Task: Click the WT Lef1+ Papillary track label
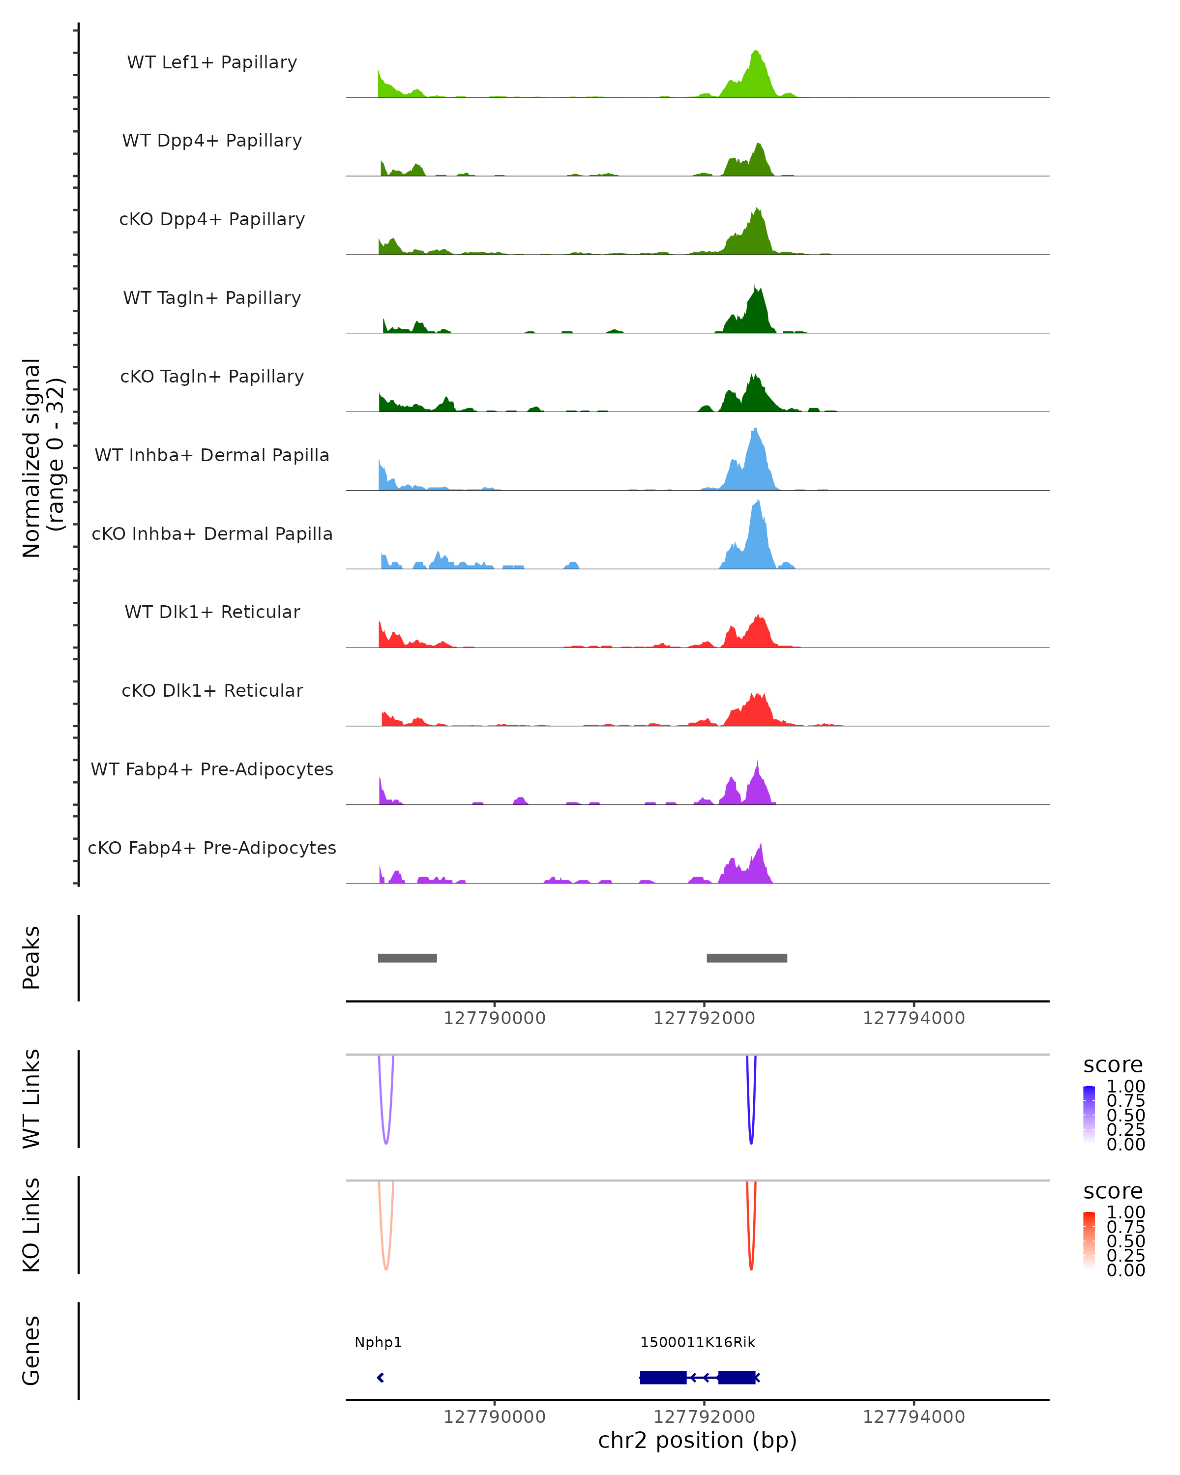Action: tap(212, 62)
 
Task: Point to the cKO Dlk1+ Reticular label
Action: tap(212, 690)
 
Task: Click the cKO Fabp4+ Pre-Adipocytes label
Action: tap(212, 848)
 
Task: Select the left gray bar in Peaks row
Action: tap(407, 958)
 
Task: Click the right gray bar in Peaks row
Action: tap(746, 958)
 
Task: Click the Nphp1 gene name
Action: tap(378, 1342)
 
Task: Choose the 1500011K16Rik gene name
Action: tap(698, 1342)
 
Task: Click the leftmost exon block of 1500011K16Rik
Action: tap(663, 1377)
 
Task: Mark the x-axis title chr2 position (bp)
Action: tap(697, 1441)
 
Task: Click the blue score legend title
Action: tap(1113, 1065)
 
